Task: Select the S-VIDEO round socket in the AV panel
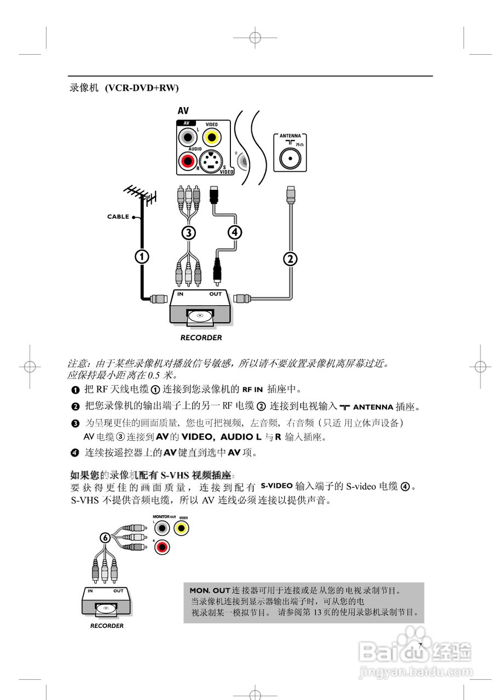click(x=211, y=161)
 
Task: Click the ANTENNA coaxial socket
click(x=289, y=159)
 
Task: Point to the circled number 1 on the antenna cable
click(x=142, y=256)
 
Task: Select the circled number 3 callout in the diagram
click(x=188, y=232)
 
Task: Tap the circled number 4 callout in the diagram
click(x=234, y=232)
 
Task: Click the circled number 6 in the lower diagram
click(x=105, y=537)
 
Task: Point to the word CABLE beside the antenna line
click(x=118, y=217)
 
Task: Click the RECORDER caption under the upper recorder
click(x=201, y=338)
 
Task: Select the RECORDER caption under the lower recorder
click(x=107, y=626)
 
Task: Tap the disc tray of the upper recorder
click(x=200, y=315)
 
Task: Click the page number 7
click(x=420, y=645)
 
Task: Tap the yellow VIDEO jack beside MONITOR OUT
click(x=182, y=528)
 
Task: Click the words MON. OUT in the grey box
click(x=210, y=591)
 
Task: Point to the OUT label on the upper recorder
click(x=216, y=294)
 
